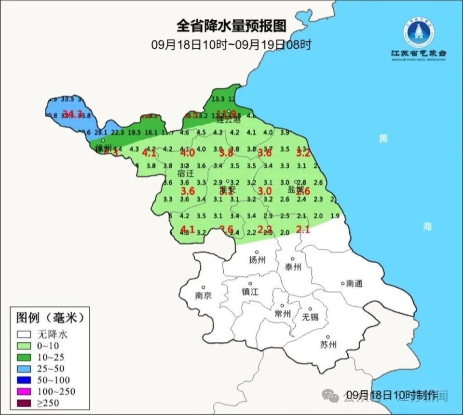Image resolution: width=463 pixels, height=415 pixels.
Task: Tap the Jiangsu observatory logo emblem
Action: coord(418,32)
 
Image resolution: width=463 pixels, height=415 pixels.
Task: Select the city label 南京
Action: coord(204,295)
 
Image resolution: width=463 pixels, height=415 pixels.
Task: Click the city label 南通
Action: coord(354,284)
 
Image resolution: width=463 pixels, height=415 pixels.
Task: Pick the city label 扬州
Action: coord(257,260)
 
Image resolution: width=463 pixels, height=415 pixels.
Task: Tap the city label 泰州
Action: coord(293,267)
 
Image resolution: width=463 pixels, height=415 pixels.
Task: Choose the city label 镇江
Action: coord(250,292)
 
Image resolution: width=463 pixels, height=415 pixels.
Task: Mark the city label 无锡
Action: coord(310,317)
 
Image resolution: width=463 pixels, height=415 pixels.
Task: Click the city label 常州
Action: coord(282,314)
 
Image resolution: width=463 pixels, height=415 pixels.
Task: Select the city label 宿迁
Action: coord(185,173)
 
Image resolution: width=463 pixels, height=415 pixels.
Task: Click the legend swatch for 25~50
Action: coord(24,368)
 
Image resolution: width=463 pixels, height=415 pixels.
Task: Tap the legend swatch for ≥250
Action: coord(24,403)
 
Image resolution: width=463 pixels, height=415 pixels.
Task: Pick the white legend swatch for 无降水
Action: coord(24,334)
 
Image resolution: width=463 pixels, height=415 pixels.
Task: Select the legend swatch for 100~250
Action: coord(24,391)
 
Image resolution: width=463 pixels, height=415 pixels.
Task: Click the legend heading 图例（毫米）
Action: coord(50,318)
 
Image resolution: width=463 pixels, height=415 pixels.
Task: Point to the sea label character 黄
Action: coord(383,139)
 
